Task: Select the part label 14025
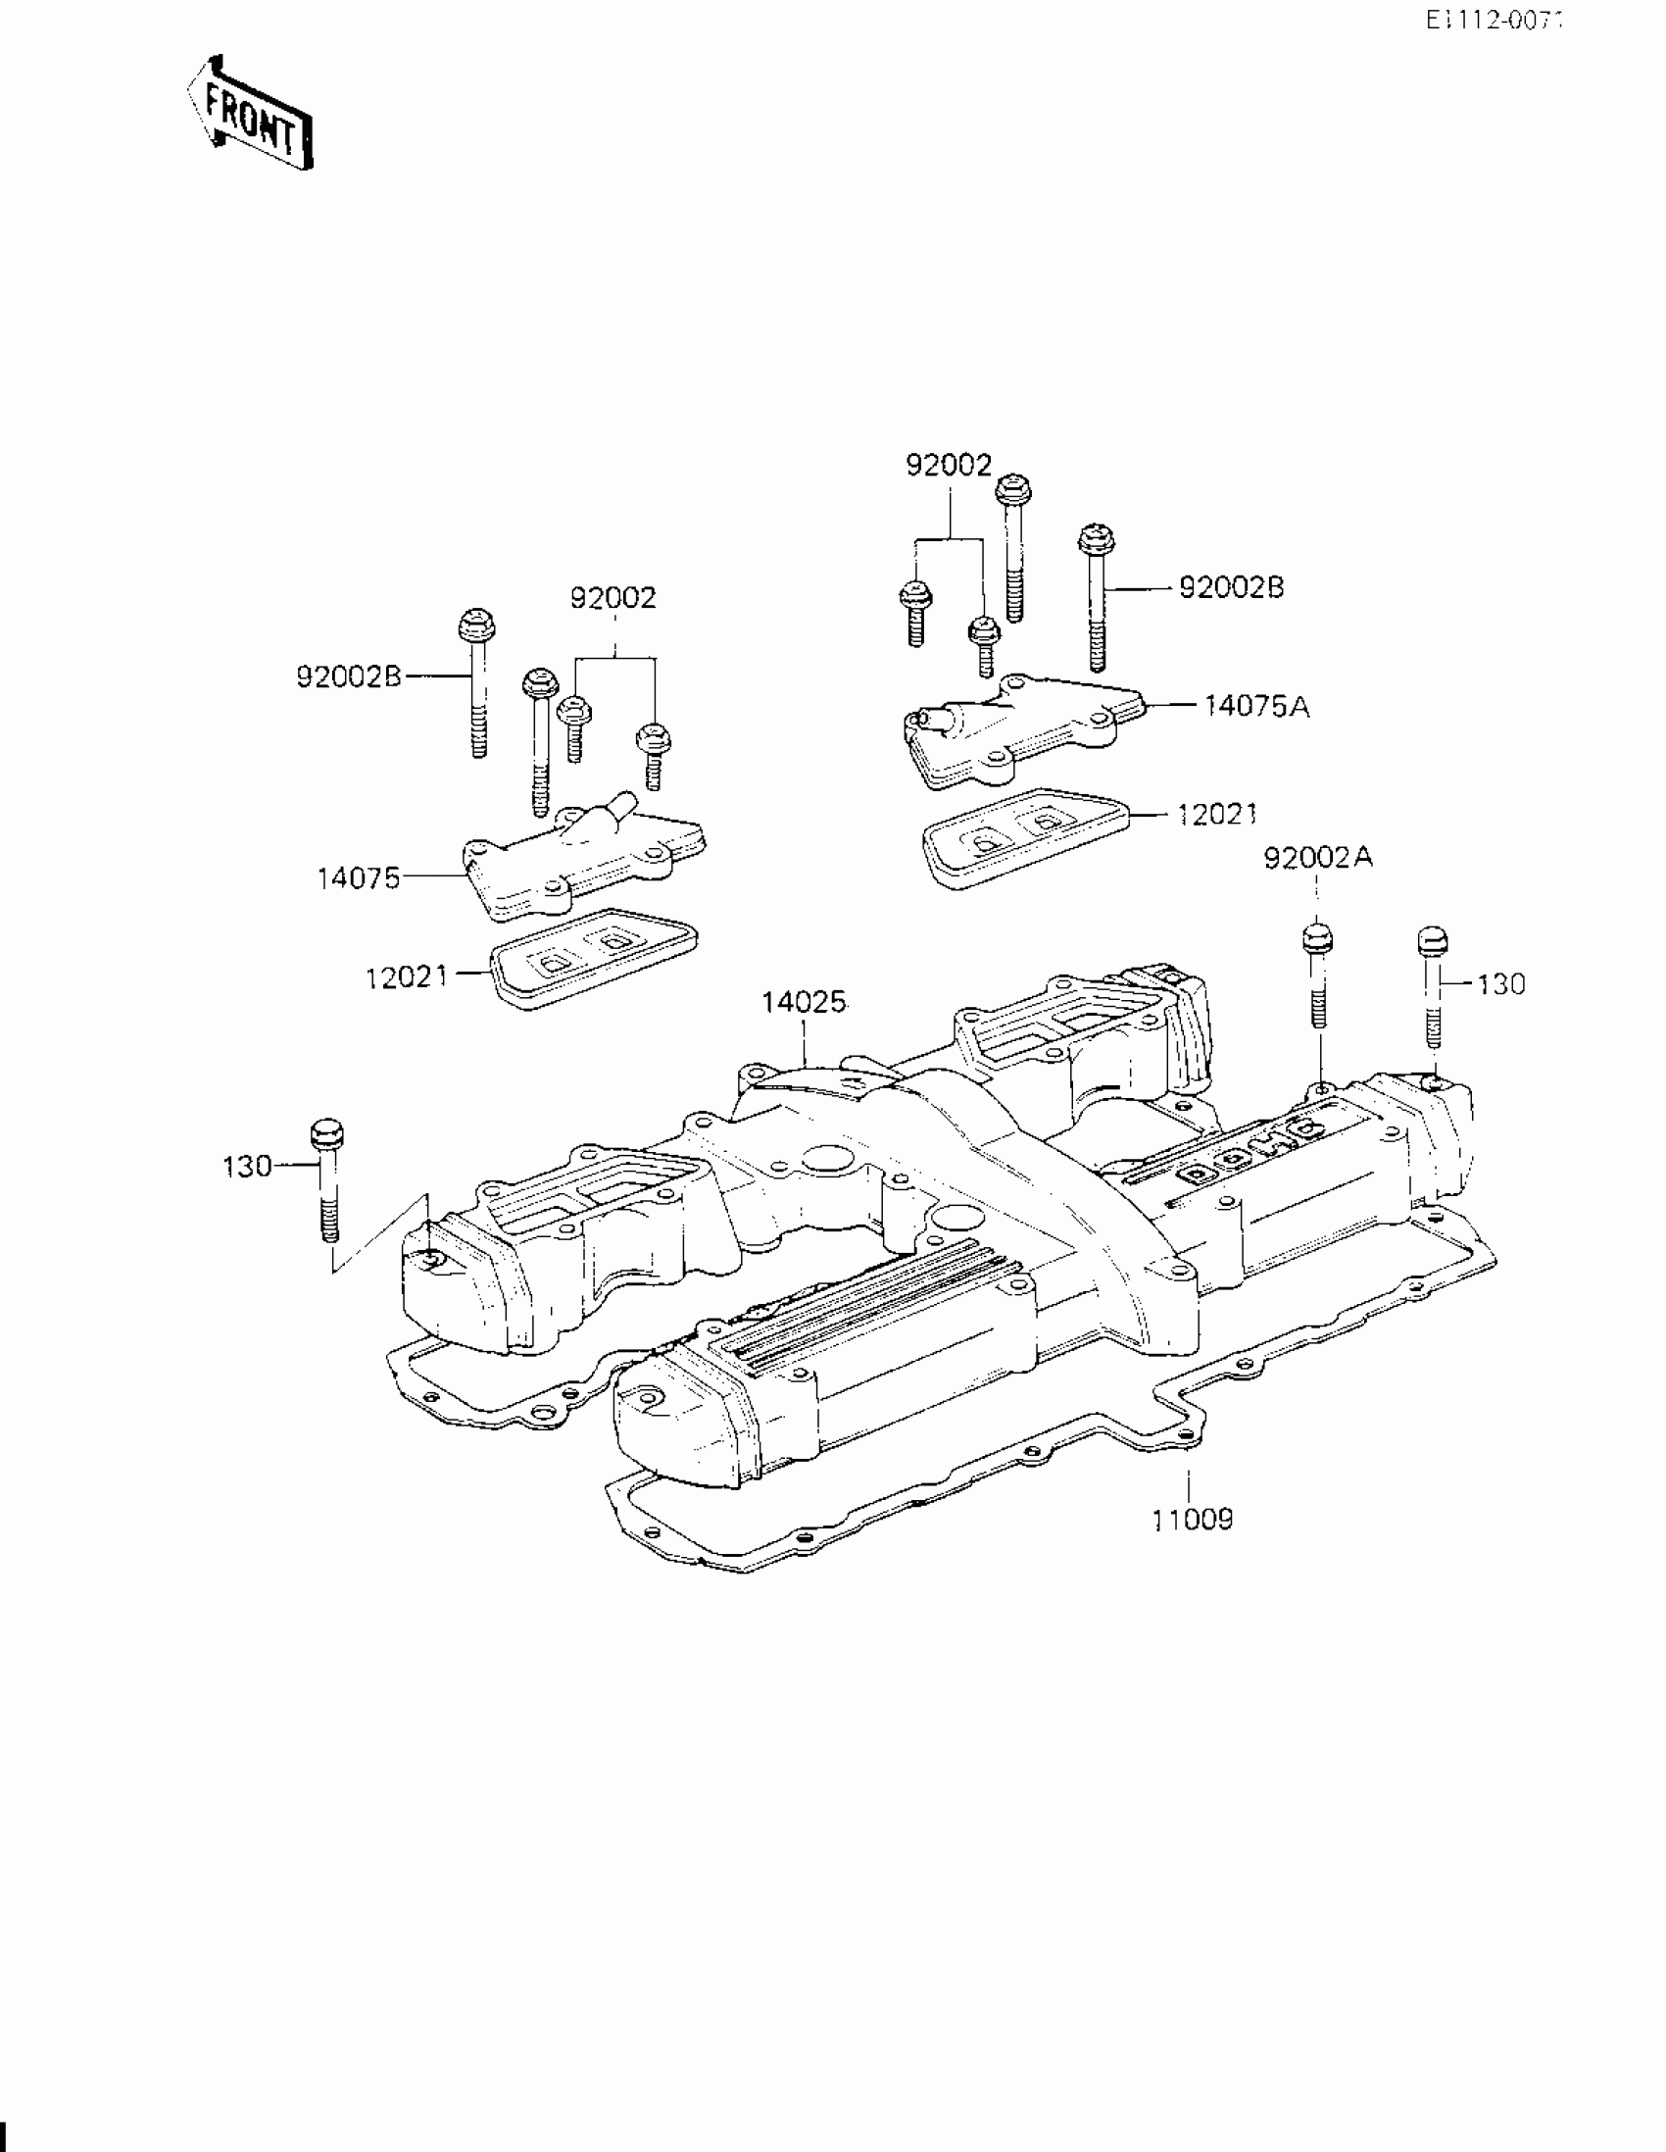[x=803, y=1002]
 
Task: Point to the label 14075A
[x=1256, y=707]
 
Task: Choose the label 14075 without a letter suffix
[x=359, y=876]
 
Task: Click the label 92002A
[x=1318, y=858]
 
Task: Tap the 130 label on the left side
[x=247, y=1167]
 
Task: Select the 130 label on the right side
[x=1500, y=983]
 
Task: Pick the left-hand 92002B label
[x=349, y=676]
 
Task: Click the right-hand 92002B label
[x=1232, y=587]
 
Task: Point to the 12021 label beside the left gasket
[x=407, y=977]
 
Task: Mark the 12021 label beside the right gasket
[x=1218, y=814]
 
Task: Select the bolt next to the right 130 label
[x=1433, y=985]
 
